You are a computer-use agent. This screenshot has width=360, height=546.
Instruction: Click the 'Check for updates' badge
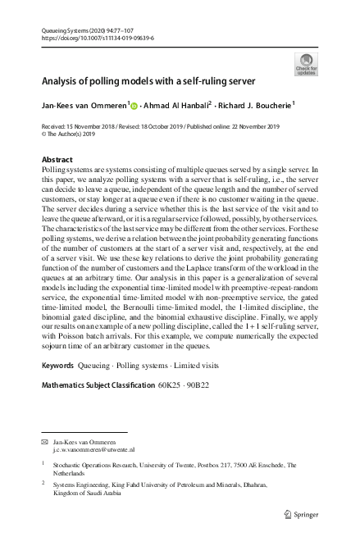[x=306, y=64]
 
